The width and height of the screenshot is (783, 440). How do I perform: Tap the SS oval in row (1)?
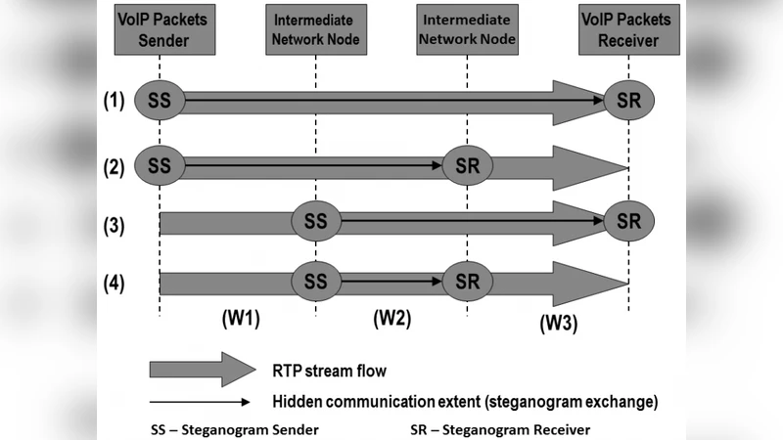pyautogui.click(x=159, y=100)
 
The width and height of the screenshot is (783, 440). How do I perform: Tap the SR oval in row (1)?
pyautogui.click(x=627, y=100)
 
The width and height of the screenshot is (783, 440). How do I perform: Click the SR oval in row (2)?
pyautogui.click(x=467, y=164)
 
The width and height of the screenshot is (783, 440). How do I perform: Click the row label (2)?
pyautogui.click(x=115, y=165)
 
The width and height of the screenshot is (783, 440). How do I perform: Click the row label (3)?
pyautogui.click(x=115, y=225)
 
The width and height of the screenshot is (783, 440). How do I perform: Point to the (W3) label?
pyautogui.click(x=558, y=324)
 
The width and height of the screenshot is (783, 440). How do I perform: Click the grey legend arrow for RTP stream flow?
pyautogui.click(x=201, y=371)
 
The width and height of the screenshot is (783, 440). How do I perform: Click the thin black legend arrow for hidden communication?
pyautogui.click(x=201, y=401)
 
